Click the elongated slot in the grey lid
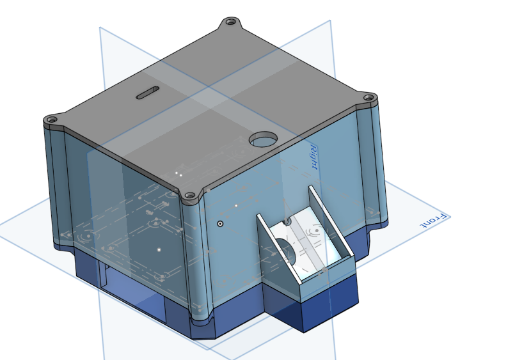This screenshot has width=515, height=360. (x=148, y=93)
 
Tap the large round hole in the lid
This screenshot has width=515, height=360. (x=263, y=140)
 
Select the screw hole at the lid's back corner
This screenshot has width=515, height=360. (x=231, y=22)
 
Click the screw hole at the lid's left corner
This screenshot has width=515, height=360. (x=51, y=120)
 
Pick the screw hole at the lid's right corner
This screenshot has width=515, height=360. (x=369, y=98)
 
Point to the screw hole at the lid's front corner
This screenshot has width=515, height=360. (x=190, y=196)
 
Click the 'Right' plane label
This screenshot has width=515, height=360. (x=313, y=157)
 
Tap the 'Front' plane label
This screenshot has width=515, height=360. (x=434, y=221)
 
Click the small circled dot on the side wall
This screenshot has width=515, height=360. (x=220, y=224)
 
